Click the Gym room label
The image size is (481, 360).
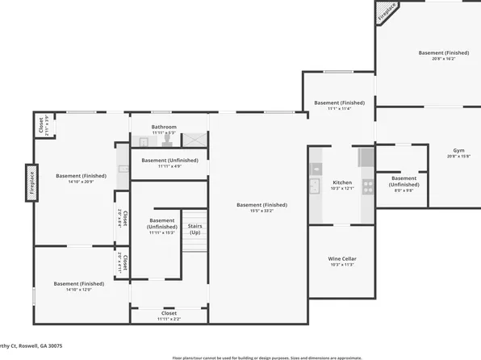[x=458, y=151]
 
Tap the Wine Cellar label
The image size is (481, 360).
[x=342, y=259]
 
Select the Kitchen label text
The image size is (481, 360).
[x=342, y=182]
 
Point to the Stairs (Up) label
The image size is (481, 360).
[x=194, y=229]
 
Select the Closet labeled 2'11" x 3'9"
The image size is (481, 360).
[x=40, y=126]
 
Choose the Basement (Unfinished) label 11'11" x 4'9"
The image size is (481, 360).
[x=169, y=160]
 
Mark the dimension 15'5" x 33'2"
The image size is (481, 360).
[x=261, y=211]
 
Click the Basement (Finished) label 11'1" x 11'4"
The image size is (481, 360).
[x=339, y=103]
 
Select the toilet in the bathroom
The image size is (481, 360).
[x=165, y=139]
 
